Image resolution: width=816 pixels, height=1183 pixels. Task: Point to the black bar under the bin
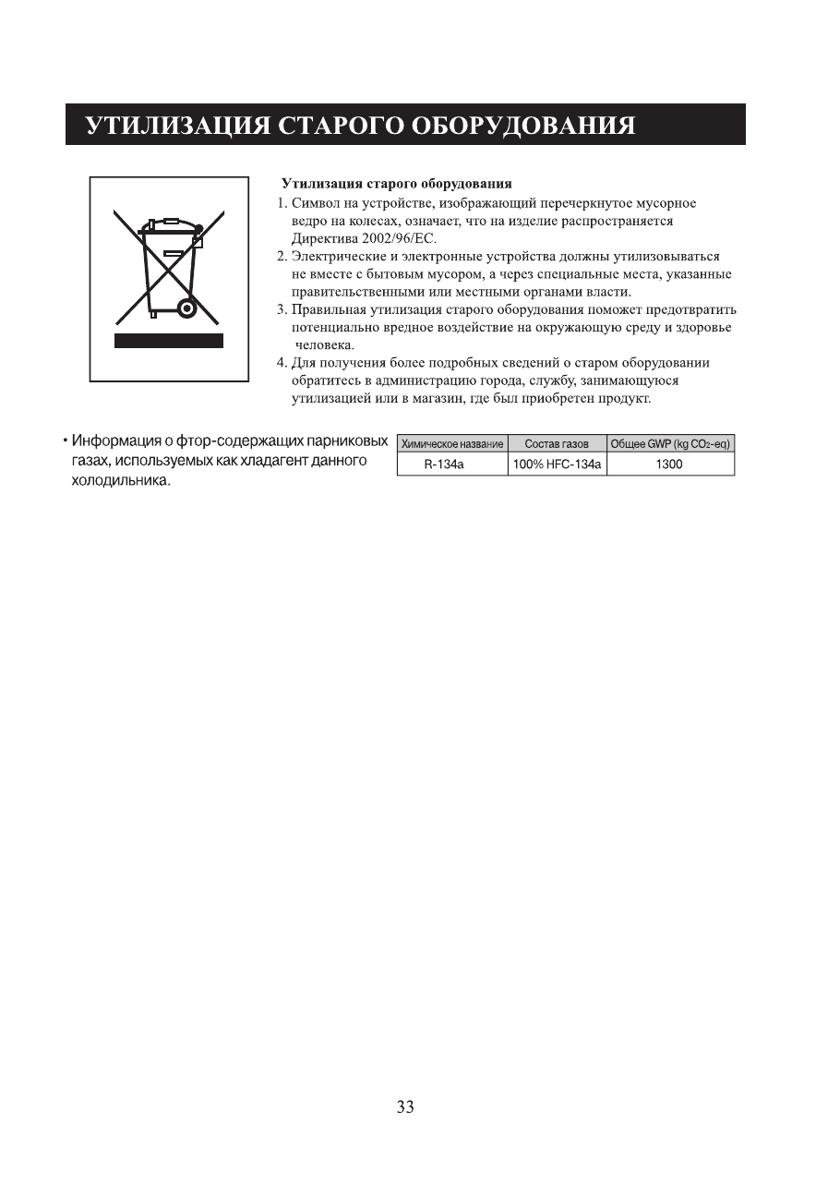pyautogui.click(x=169, y=341)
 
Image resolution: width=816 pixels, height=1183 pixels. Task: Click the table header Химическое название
pyautogui.click(x=452, y=444)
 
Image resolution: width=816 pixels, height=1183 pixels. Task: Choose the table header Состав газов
pyautogui.click(x=557, y=444)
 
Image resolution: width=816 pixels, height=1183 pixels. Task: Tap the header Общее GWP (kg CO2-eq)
pyautogui.click(x=670, y=444)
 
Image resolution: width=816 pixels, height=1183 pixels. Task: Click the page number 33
pyautogui.click(x=405, y=1107)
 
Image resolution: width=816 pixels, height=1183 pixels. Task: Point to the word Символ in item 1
pyautogui.click(x=315, y=203)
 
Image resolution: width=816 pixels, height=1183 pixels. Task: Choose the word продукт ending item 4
pyautogui.click(x=626, y=398)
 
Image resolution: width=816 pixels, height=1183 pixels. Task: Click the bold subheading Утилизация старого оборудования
pyautogui.click(x=396, y=185)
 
